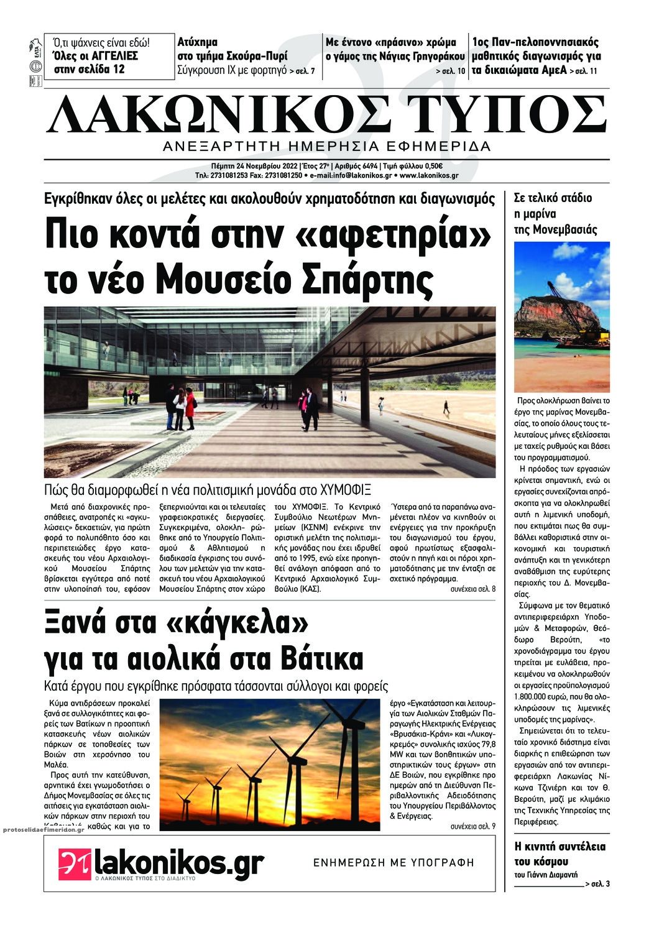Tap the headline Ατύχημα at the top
tap(197, 43)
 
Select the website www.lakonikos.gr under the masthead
tap(429, 176)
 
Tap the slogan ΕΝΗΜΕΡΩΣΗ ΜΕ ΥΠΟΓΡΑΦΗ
tap(394, 863)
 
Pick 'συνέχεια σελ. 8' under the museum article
tap(472, 588)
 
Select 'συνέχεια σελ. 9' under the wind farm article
tap(472, 826)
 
